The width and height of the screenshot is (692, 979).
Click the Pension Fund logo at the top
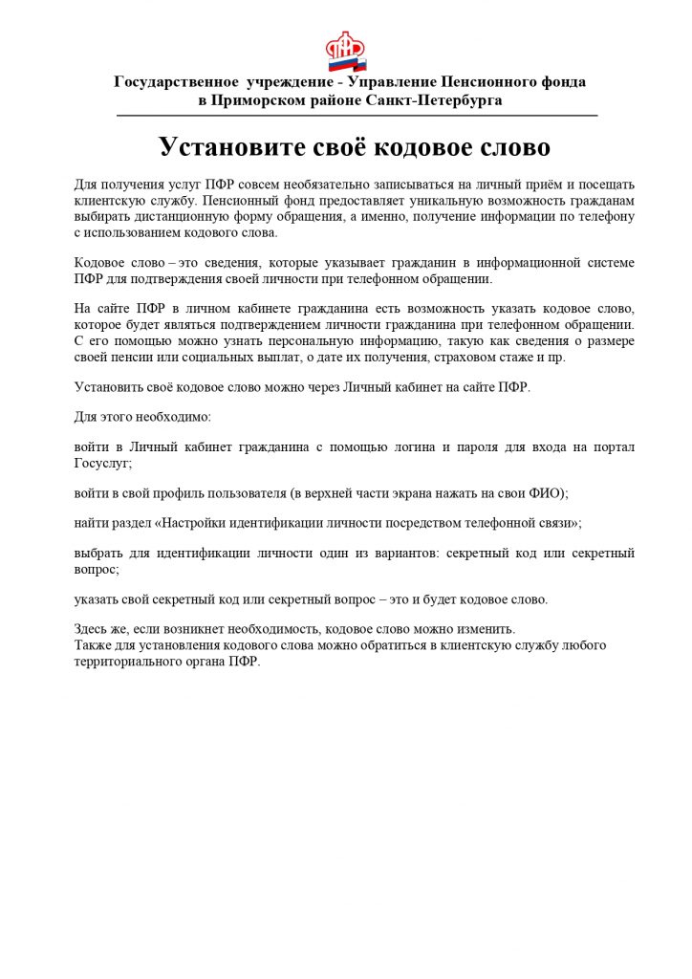click(346, 53)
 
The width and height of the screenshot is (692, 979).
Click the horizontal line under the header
click(357, 116)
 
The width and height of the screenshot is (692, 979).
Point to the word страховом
click(458, 357)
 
